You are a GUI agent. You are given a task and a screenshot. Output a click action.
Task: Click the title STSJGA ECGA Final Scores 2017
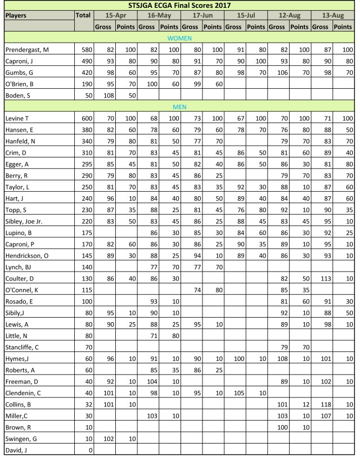pyautogui.click(x=179, y=6)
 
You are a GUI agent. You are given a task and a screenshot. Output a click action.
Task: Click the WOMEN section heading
pyautogui.click(x=179, y=38)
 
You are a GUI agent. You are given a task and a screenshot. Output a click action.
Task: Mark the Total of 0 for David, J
pyautogui.click(x=90, y=450)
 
